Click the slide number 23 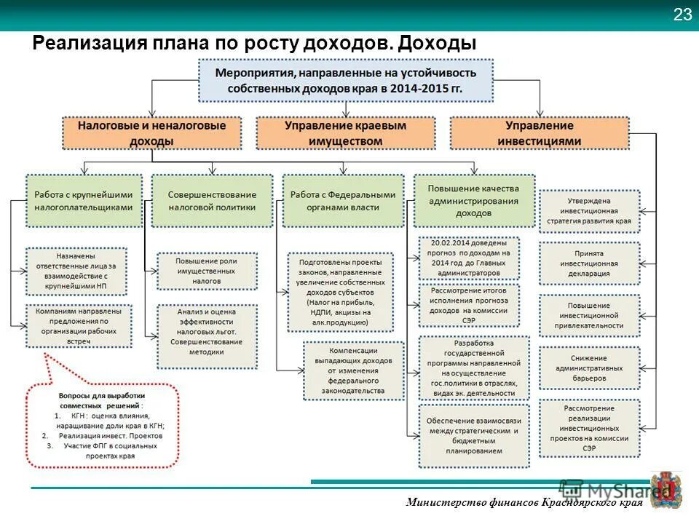coord(682,15)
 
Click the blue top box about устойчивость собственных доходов coord(346,81)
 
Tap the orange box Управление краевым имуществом coord(345,133)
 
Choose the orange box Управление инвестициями coord(540,133)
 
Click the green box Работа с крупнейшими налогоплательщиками coord(84,200)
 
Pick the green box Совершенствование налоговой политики coord(212,200)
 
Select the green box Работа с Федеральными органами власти coord(342,200)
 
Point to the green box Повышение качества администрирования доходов coord(473,200)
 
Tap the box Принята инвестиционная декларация coord(590,263)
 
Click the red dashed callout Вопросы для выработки coord(103,425)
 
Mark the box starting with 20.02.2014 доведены coord(470,258)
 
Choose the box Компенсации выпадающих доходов coord(355,370)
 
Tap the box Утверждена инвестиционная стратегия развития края coord(590,211)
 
